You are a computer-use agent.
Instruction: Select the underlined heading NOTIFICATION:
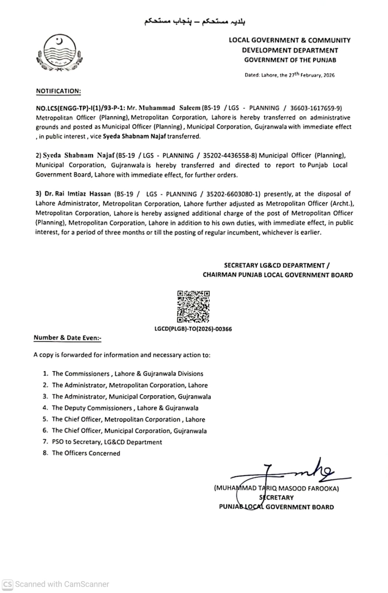[58, 91]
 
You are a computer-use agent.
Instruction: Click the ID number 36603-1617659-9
[315, 108]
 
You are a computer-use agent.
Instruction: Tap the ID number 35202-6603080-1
[233, 194]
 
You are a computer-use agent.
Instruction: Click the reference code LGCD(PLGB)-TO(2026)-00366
[193, 329]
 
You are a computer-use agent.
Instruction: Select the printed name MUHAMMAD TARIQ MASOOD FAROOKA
[276, 488]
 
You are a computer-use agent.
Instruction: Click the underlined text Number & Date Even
[67, 338]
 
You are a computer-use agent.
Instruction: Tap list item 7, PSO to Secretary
[107, 442]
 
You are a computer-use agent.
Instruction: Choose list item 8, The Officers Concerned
[86, 453]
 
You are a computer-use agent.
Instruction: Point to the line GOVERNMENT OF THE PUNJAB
[290, 60]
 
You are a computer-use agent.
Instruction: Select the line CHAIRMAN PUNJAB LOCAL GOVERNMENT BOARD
[278, 275]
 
